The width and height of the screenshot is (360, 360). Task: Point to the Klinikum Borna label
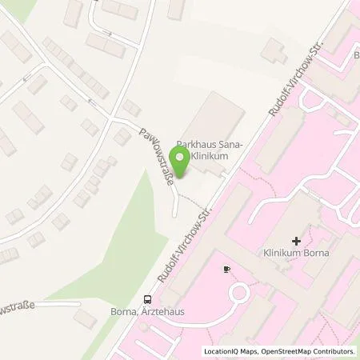(296, 254)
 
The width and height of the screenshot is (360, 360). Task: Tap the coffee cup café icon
(226, 269)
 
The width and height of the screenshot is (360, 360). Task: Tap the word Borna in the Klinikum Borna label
(316, 254)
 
